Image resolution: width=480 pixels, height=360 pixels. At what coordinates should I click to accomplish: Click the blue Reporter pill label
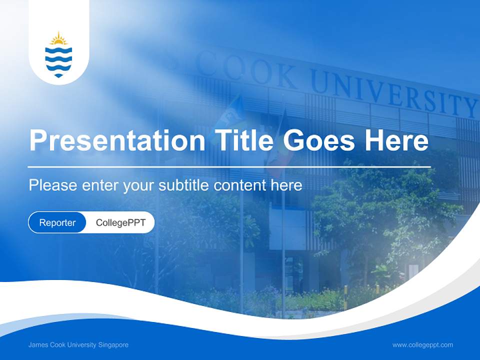[x=57, y=223]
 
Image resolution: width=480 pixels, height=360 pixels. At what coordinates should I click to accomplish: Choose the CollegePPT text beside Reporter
[x=120, y=223]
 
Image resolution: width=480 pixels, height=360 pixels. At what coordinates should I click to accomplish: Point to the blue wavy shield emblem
[x=59, y=60]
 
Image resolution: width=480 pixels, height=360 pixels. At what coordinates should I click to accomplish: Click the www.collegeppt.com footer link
[x=422, y=345]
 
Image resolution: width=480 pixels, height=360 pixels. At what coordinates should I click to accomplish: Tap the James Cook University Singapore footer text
[x=78, y=345]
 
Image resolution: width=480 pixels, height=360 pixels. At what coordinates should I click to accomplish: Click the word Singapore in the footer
[x=114, y=345]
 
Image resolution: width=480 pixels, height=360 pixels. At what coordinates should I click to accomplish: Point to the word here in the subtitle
[x=286, y=185]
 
